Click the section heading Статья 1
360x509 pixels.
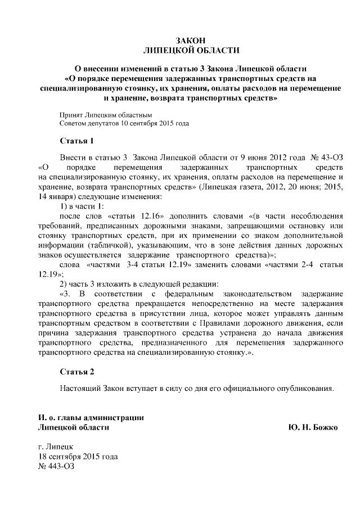(x=76, y=140)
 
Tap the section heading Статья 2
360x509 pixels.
(x=76, y=372)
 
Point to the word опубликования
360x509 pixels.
(x=303, y=388)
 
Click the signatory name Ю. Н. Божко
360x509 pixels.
(x=313, y=427)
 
